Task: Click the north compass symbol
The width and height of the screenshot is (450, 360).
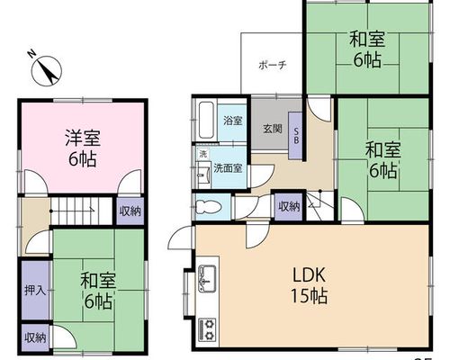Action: point(46,69)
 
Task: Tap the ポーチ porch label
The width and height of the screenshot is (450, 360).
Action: point(273,65)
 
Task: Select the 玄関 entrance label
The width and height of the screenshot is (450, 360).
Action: point(273,129)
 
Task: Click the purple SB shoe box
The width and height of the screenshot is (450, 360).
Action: point(295,136)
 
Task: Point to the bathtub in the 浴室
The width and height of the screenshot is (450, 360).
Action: point(206,121)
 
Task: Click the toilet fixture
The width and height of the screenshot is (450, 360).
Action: point(208,207)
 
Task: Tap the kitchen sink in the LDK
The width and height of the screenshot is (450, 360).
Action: point(207,279)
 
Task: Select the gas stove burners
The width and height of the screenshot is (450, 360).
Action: point(208,328)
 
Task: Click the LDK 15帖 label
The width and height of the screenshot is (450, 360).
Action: point(309,285)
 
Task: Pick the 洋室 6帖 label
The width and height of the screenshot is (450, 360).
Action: point(83,148)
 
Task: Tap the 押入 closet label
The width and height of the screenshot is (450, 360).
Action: point(35,290)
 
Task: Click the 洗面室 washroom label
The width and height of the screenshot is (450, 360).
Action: point(228,168)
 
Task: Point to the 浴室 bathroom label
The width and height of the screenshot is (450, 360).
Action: point(233,121)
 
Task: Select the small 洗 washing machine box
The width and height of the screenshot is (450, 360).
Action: point(203,155)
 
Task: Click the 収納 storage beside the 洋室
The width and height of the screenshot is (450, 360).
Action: point(130,211)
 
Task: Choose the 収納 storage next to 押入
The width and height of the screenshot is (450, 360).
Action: point(35,337)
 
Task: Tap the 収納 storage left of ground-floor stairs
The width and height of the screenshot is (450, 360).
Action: point(289,206)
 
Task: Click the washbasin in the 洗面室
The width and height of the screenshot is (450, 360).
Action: point(203,175)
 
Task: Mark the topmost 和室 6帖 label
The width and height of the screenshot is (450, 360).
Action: point(367,49)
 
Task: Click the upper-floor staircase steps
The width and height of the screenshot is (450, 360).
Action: point(80,211)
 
